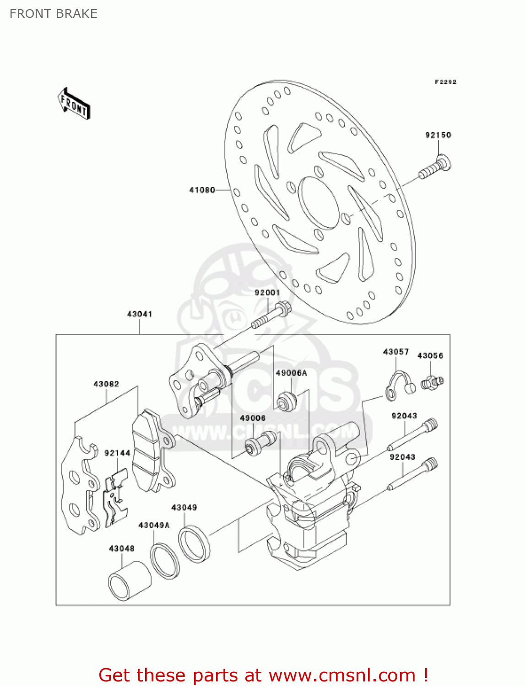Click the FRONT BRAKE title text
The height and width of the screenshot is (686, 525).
(x=54, y=14)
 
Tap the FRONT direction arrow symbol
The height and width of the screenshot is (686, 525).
(x=73, y=104)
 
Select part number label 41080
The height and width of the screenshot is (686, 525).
(x=202, y=190)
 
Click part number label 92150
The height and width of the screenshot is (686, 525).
(x=438, y=135)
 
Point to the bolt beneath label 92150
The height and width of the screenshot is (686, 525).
(x=435, y=168)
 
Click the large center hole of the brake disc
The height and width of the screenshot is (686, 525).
(x=319, y=203)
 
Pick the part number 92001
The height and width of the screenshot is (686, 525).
(x=267, y=293)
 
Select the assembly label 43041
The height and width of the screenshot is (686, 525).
(x=140, y=314)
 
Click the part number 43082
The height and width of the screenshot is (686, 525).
(x=106, y=384)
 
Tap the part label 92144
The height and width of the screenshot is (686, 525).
(x=117, y=453)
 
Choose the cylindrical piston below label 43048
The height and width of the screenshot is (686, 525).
(x=129, y=580)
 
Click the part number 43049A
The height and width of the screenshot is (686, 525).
(x=154, y=525)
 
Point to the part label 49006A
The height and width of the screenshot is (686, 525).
(x=291, y=373)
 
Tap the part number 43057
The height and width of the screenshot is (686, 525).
(x=396, y=352)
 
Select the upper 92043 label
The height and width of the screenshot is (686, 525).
(x=404, y=416)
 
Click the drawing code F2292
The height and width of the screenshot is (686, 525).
(x=445, y=82)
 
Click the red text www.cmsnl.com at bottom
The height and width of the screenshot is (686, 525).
(x=342, y=675)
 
